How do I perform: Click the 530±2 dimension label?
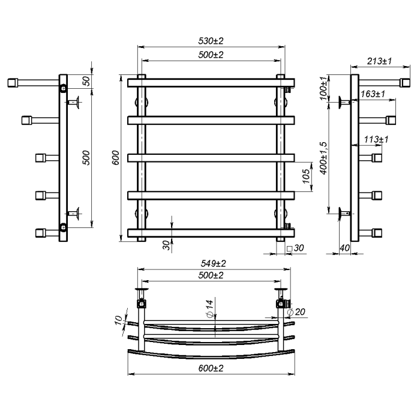211,41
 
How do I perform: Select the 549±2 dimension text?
213,263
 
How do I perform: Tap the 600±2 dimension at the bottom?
211,368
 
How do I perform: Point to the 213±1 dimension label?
379,61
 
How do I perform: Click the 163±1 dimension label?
373,94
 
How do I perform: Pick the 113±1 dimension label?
376,139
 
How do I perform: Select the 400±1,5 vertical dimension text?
324,158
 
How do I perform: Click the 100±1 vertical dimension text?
324,88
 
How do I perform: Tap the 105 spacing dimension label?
306,176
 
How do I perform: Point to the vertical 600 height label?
115,157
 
